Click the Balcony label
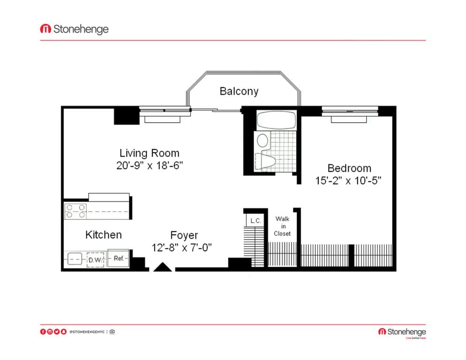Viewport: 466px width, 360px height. (x=239, y=91)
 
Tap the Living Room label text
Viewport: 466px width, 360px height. (x=149, y=153)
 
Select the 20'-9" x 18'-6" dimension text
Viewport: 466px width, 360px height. (x=149, y=165)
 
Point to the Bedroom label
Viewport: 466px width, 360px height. (x=349, y=168)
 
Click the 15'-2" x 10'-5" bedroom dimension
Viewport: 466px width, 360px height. (x=347, y=180)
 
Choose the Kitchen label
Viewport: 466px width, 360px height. (x=104, y=234)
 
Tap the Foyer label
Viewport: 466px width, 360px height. (x=184, y=235)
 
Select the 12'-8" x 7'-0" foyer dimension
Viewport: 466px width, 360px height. (x=182, y=247)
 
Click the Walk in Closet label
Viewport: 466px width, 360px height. (x=282, y=226)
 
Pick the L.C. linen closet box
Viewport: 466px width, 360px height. (x=255, y=220)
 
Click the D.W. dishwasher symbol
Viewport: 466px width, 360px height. (x=95, y=259)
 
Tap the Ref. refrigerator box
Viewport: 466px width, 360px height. (x=118, y=258)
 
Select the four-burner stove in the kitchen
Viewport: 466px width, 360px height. (x=75, y=211)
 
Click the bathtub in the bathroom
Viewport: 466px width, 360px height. (x=276, y=120)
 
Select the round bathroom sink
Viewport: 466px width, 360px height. (x=263, y=140)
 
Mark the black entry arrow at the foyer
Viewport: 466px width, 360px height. (x=163, y=267)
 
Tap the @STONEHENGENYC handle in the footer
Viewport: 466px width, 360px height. (x=87, y=332)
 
